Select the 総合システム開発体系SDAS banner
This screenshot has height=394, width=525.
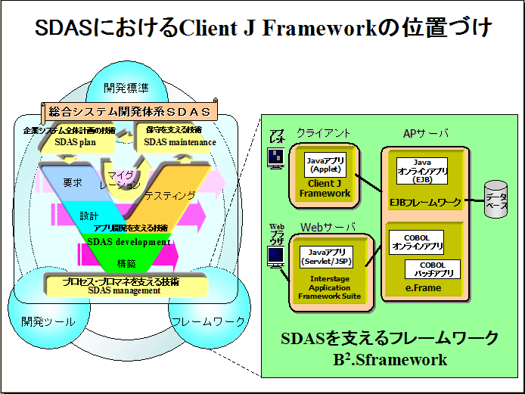(x=128, y=111)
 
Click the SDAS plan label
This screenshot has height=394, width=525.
(x=76, y=141)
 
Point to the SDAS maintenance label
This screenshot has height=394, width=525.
(x=180, y=141)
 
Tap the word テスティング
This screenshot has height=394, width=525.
(x=170, y=196)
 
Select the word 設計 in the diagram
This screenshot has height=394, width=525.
(x=89, y=216)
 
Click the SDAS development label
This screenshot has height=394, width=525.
(x=129, y=241)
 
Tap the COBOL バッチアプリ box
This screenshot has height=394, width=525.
(x=432, y=269)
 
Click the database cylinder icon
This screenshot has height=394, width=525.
(x=495, y=200)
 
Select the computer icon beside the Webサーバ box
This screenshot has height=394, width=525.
(x=275, y=257)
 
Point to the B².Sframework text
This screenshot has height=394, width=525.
(x=389, y=359)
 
